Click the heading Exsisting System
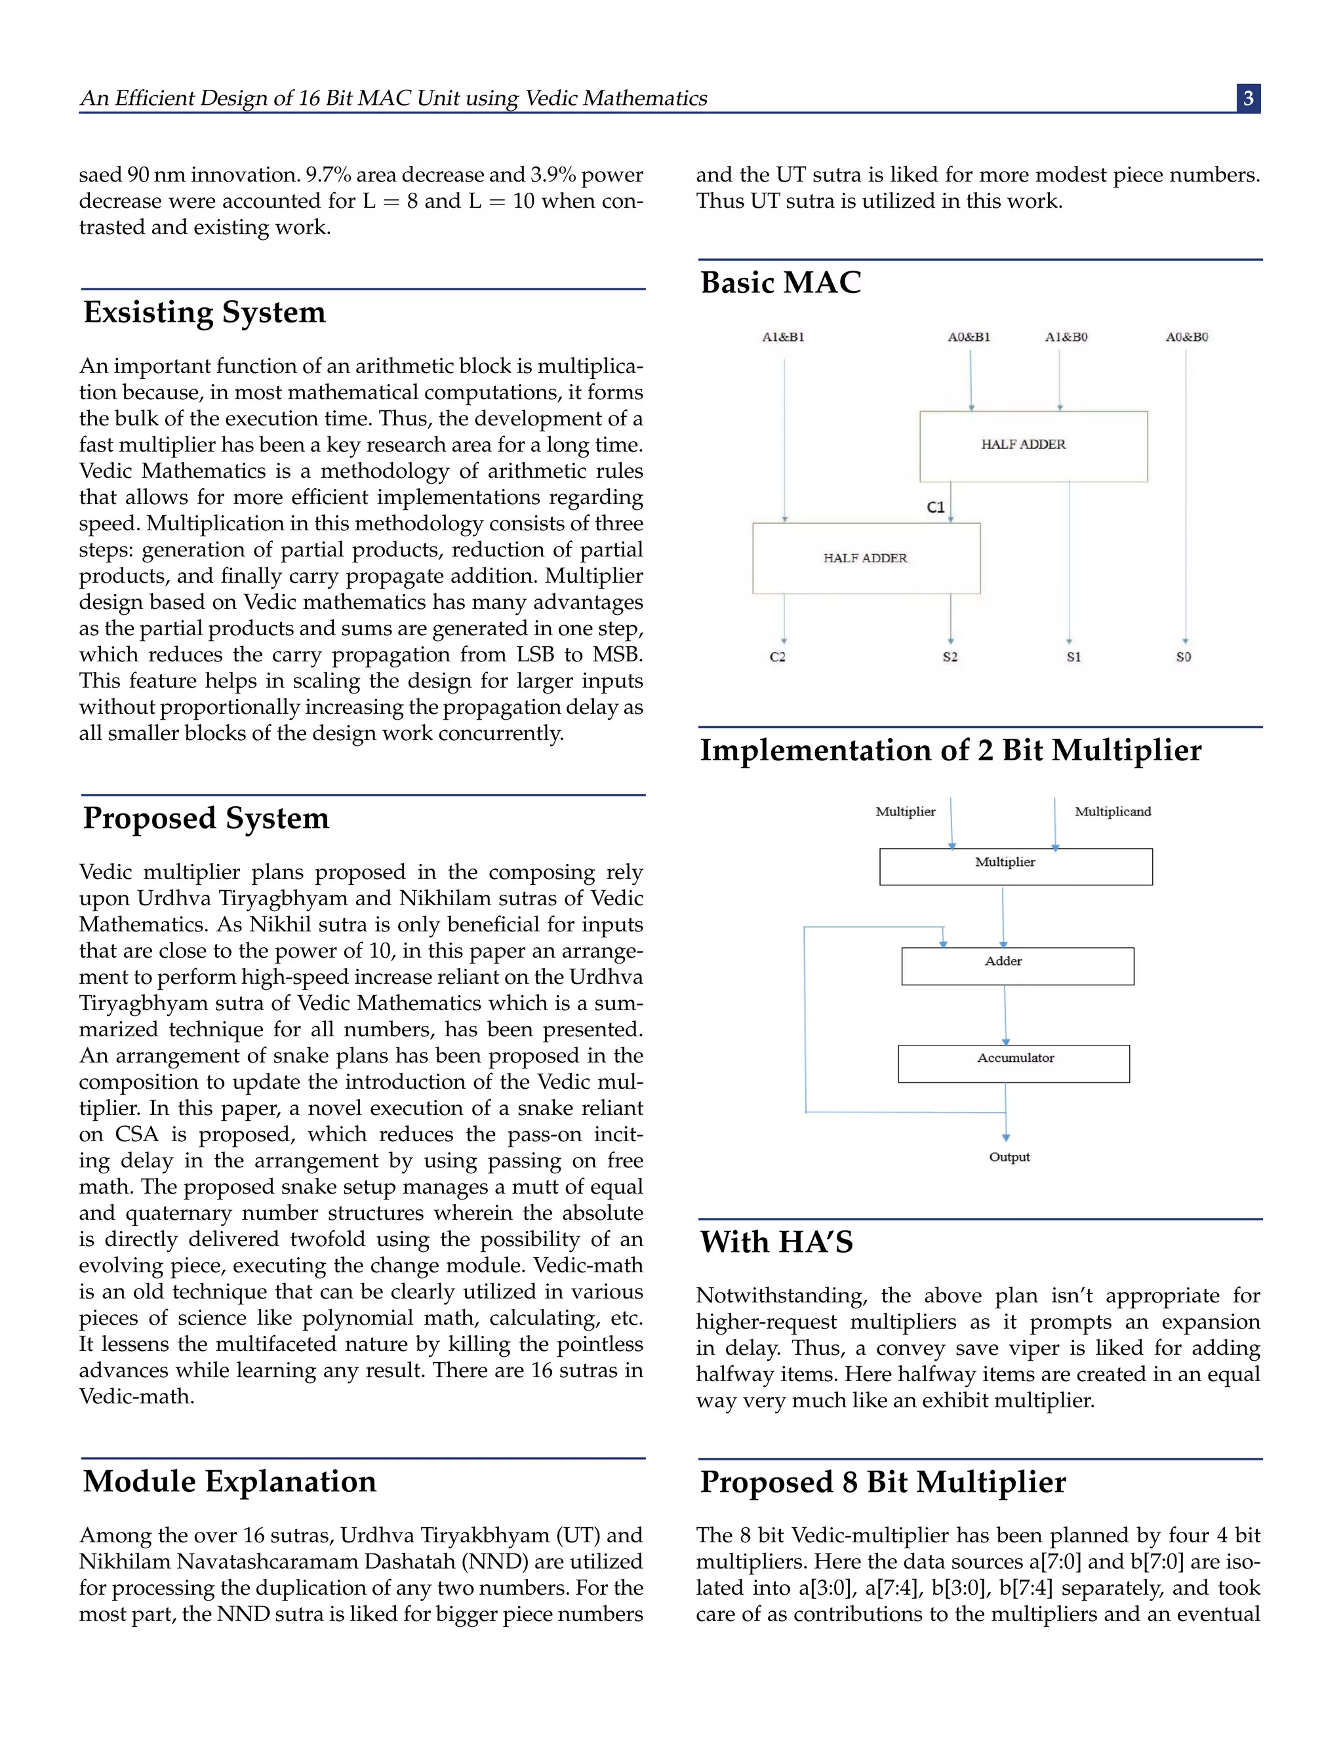coord(205,313)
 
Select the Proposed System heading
coord(206,819)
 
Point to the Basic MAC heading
coord(780,283)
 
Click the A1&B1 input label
coord(783,337)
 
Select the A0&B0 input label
coord(1186,337)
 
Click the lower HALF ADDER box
coord(866,558)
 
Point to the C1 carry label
coord(936,507)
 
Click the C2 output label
coord(777,657)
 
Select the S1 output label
coord(1073,657)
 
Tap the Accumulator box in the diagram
coord(1014,1063)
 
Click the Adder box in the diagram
coord(1017,966)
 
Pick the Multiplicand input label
coord(1112,812)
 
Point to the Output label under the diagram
coord(1009,1157)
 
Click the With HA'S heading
coord(776,1242)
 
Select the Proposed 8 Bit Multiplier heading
coord(883,1482)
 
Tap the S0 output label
coord(1183,657)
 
